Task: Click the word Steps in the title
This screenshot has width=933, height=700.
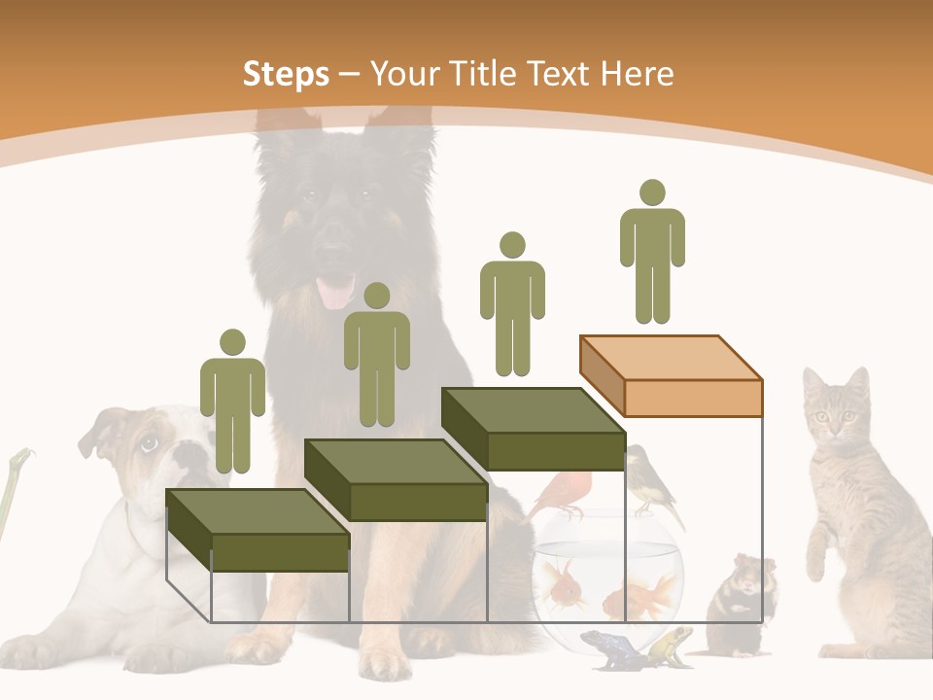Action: pyautogui.click(x=285, y=74)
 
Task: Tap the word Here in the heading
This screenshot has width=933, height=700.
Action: pyautogui.click(x=637, y=74)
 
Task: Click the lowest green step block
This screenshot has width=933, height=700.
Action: pyautogui.click(x=258, y=530)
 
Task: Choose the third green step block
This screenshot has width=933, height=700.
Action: pyautogui.click(x=534, y=429)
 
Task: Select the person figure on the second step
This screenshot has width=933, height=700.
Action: pyautogui.click(x=376, y=354)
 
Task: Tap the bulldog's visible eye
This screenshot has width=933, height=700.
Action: pyautogui.click(x=148, y=444)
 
